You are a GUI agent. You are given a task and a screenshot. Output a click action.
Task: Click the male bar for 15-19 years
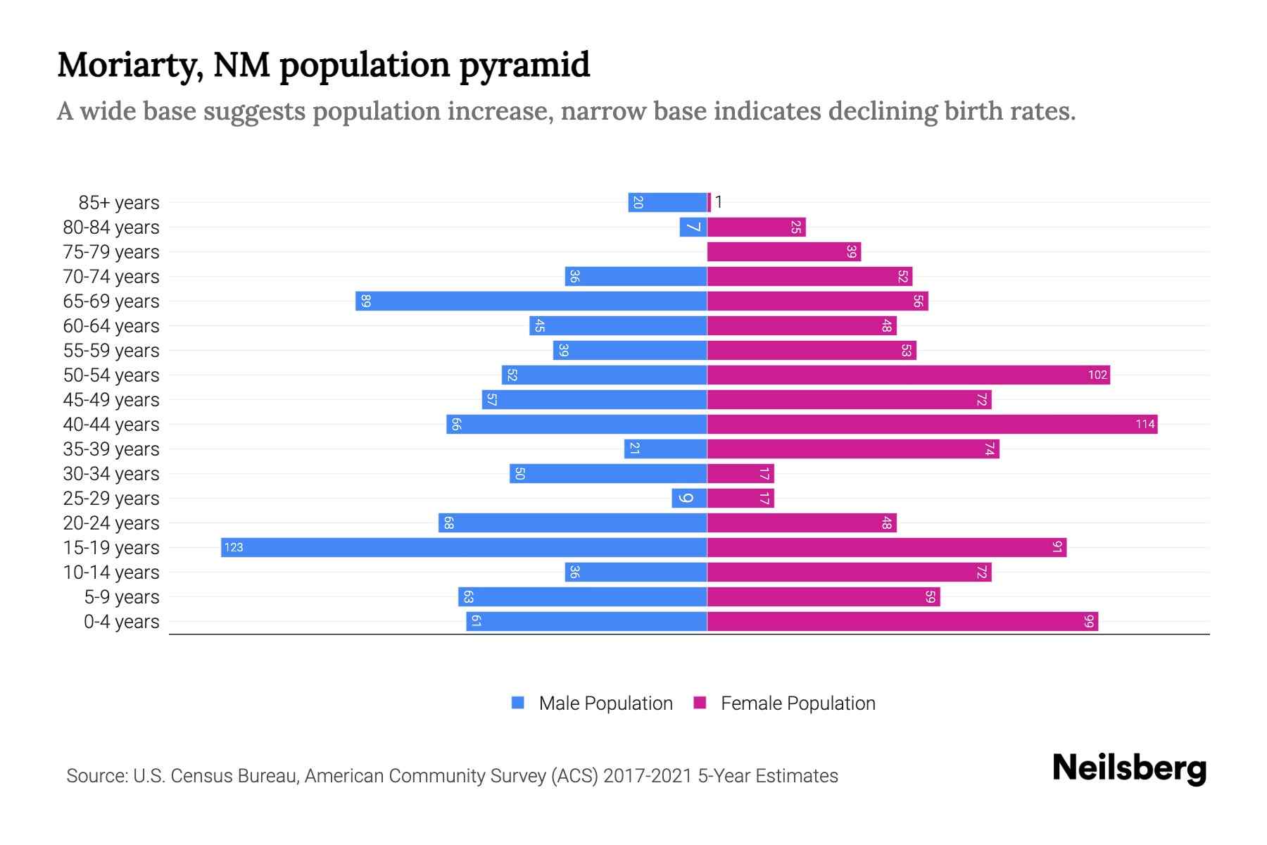click(x=465, y=548)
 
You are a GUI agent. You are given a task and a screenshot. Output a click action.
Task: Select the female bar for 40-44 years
click(x=932, y=425)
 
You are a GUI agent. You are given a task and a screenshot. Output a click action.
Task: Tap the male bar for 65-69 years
click(x=531, y=301)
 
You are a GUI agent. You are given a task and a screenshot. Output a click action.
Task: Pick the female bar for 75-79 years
click(x=783, y=252)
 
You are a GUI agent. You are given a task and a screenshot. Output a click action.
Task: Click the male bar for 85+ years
click(x=667, y=203)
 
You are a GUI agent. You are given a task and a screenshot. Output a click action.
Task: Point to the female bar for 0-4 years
click(x=902, y=622)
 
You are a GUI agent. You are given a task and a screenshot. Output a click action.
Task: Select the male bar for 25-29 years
click(x=689, y=499)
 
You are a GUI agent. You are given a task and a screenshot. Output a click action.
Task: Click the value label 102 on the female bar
click(x=1097, y=375)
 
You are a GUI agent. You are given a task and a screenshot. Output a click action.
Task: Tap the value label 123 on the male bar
click(x=234, y=548)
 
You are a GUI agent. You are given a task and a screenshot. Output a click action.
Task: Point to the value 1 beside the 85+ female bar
click(x=719, y=203)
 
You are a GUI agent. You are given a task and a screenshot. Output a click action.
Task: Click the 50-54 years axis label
click(x=111, y=375)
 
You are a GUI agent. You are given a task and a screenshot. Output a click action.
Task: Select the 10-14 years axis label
click(x=111, y=572)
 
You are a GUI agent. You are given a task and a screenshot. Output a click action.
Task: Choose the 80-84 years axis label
click(x=111, y=227)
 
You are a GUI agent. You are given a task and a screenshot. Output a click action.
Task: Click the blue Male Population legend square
click(x=518, y=703)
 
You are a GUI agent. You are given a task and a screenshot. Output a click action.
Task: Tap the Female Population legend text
click(x=798, y=703)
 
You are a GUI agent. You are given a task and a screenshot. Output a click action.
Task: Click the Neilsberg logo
click(x=1129, y=769)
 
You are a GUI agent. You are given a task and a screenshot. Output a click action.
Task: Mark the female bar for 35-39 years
click(x=853, y=449)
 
